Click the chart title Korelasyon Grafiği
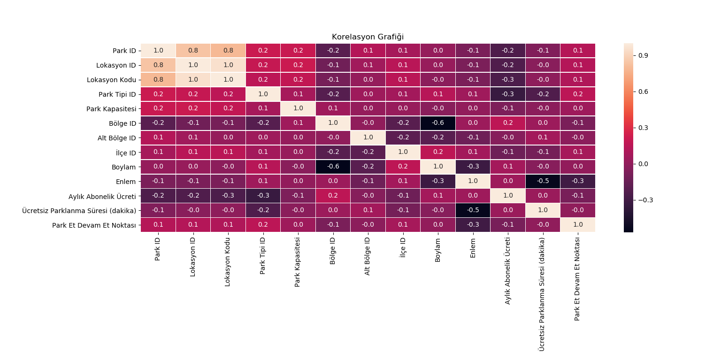(368, 37)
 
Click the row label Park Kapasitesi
(111, 109)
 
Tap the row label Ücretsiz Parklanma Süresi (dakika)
(79, 211)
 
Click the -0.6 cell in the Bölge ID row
(438, 123)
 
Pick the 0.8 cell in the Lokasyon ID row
(158, 65)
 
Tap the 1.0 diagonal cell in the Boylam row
(438, 167)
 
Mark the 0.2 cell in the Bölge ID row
(508, 123)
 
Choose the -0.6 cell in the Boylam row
(333, 167)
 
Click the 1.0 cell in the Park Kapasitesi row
(298, 109)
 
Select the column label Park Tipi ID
(263, 255)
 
